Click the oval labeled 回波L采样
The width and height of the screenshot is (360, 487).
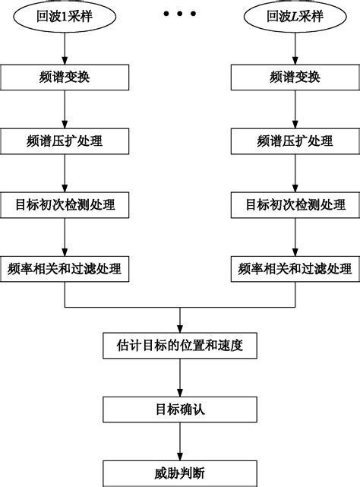click(294, 16)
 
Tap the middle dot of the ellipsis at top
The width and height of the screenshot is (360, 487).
click(179, 14)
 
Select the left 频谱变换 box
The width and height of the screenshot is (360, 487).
click(65, 77)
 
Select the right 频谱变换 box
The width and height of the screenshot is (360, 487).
click(295, 77)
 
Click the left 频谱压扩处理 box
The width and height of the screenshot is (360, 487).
click(65, 141)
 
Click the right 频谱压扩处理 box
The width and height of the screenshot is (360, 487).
click(295, 141)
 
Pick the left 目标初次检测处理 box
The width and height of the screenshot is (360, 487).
click(65, 204)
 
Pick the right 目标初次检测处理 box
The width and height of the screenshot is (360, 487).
click(295, 204)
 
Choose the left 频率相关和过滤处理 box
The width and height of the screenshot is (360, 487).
click(65, 268)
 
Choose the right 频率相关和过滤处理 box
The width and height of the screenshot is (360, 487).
click(295, 268)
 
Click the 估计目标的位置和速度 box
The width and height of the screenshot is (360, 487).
click(180, 346)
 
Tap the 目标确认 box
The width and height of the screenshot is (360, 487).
click(180, 410)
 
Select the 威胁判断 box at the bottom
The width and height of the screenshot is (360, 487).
click(180, 472)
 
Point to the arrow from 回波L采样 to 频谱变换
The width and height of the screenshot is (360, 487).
click(295, 47)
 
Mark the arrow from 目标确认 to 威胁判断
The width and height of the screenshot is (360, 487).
click(180, 441)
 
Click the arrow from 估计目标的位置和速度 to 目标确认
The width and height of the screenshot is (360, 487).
click(180, 378)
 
